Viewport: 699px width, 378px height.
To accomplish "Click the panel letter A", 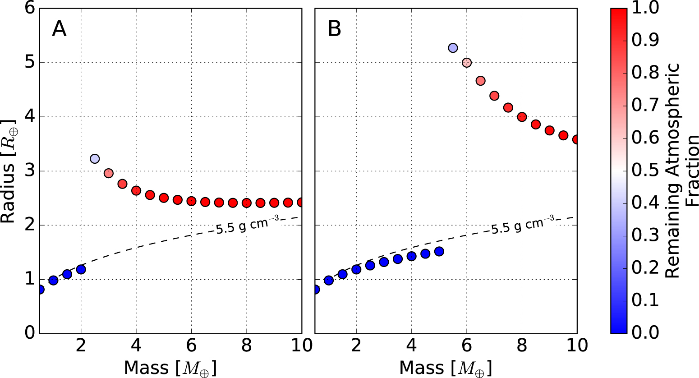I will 59,29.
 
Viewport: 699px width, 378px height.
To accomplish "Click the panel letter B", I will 334,29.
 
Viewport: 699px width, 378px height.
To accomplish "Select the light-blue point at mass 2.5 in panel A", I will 95,159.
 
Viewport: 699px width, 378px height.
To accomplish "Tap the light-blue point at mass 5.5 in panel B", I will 453,48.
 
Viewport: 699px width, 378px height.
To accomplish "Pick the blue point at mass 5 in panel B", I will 439,251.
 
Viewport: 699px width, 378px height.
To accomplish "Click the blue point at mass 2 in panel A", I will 81,269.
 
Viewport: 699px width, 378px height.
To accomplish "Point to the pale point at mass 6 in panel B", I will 467,63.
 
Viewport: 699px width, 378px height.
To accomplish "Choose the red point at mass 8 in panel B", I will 522,117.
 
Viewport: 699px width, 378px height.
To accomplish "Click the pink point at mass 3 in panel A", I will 108,173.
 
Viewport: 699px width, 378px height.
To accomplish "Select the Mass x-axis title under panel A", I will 170,368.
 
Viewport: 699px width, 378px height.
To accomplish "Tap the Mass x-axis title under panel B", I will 446,368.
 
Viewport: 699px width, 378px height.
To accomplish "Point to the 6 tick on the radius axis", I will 29,9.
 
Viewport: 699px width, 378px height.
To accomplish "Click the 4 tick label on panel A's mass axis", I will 136,345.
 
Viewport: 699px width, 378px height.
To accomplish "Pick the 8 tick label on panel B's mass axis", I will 522,345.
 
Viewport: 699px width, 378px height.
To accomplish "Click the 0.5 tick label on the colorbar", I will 644,171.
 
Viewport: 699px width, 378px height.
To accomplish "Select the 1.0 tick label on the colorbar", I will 644,8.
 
